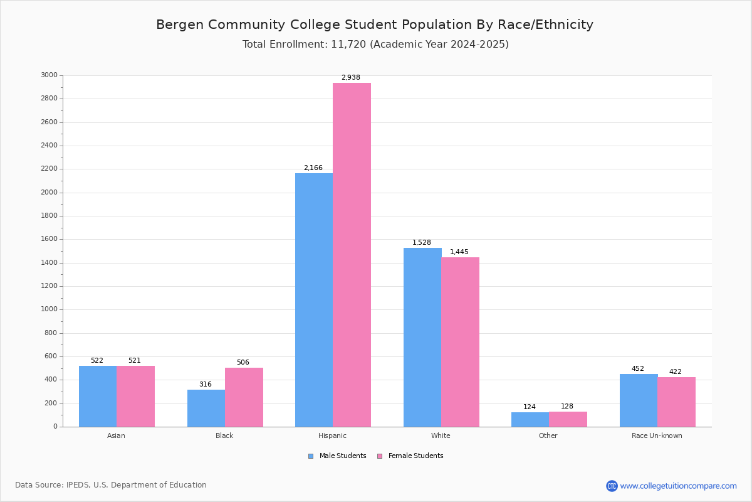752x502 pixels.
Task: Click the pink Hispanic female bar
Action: coord(352,255)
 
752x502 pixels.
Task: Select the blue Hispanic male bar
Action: coord(314,300)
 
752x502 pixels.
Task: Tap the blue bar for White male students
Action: coord(422,338)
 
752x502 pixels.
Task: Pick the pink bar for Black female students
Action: coord(244,397)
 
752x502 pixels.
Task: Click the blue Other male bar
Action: coord(530,420)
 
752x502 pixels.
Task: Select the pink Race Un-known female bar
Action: coord(676,402)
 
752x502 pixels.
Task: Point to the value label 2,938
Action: coord(351,78)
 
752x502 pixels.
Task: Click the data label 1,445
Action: coord(459,252)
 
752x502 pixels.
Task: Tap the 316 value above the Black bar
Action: coord(206,385)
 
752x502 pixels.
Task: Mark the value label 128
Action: coord(567,407)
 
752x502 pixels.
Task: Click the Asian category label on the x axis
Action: coord(116,435)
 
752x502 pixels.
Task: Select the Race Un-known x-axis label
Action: coord(657,435)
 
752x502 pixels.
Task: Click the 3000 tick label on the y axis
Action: coord(49,75)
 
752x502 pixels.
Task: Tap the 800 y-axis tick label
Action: coord(51,333)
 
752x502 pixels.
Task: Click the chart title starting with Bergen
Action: coord(375,24)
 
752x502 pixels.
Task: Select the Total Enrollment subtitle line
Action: coord(375,45)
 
